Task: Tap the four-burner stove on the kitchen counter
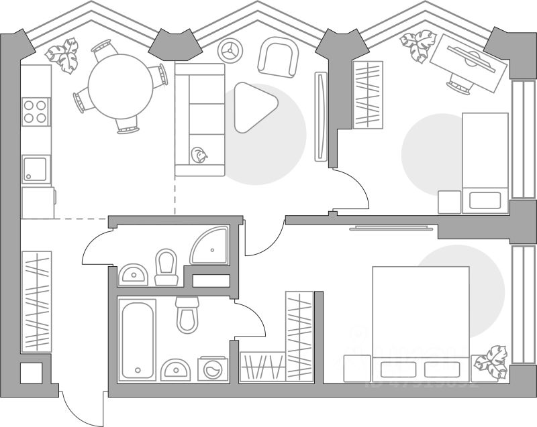coord(36,112)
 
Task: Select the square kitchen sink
coord(36,169)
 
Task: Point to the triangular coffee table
coord(254,107)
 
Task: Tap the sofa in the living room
coord(199,119)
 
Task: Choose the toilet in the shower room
coord(166,267)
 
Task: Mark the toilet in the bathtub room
coord(188,313)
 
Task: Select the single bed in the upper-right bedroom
coord(485,162)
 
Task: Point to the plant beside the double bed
coord(491,363)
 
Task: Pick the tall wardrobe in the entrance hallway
coord(37,300)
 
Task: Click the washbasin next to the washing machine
coord(176,369)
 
